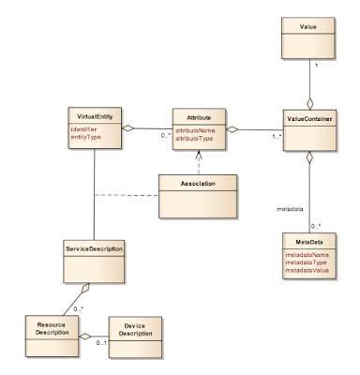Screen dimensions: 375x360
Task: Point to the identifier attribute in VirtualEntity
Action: pos(86,129)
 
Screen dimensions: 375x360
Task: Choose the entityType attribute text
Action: pos(88,138)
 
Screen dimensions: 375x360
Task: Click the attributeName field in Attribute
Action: pos(196,130)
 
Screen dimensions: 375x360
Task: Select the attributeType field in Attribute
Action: pos(195,138)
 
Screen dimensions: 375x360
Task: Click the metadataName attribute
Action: pos(306,254)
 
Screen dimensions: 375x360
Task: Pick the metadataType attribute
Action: pos(305,262)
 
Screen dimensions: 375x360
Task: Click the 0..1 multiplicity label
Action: pos(99,346)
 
